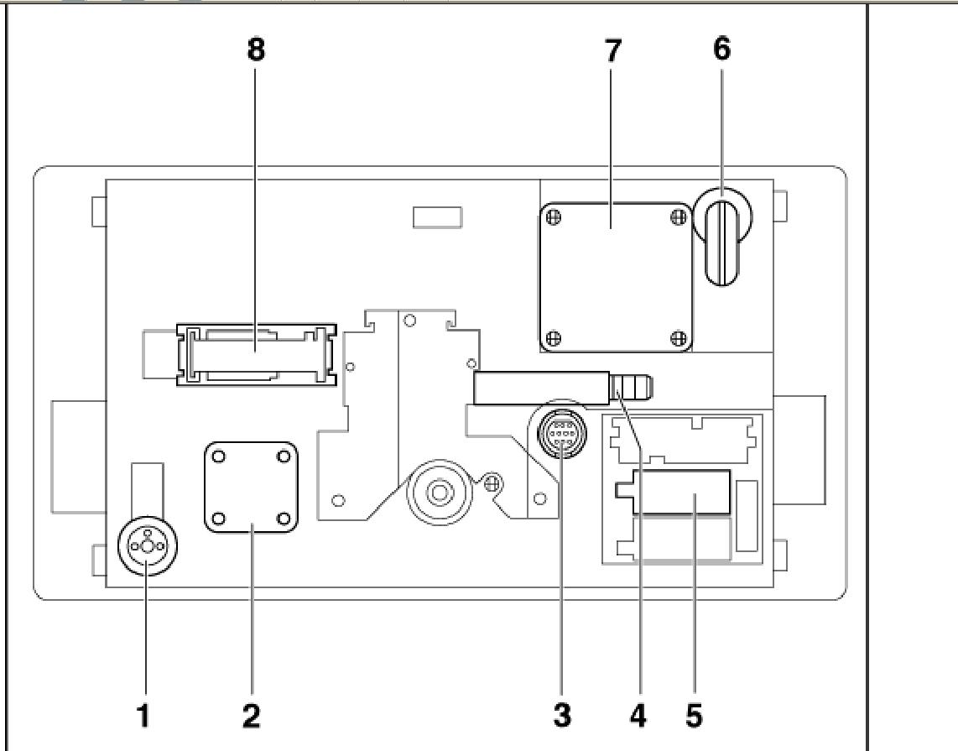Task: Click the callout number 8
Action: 256,50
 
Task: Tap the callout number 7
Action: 613,51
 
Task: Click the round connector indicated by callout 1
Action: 148,545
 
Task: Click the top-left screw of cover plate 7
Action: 554,217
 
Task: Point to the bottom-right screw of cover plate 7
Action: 678,338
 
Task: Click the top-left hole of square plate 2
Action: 219,457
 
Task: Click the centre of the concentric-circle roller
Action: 439,491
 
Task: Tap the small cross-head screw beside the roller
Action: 493,482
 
